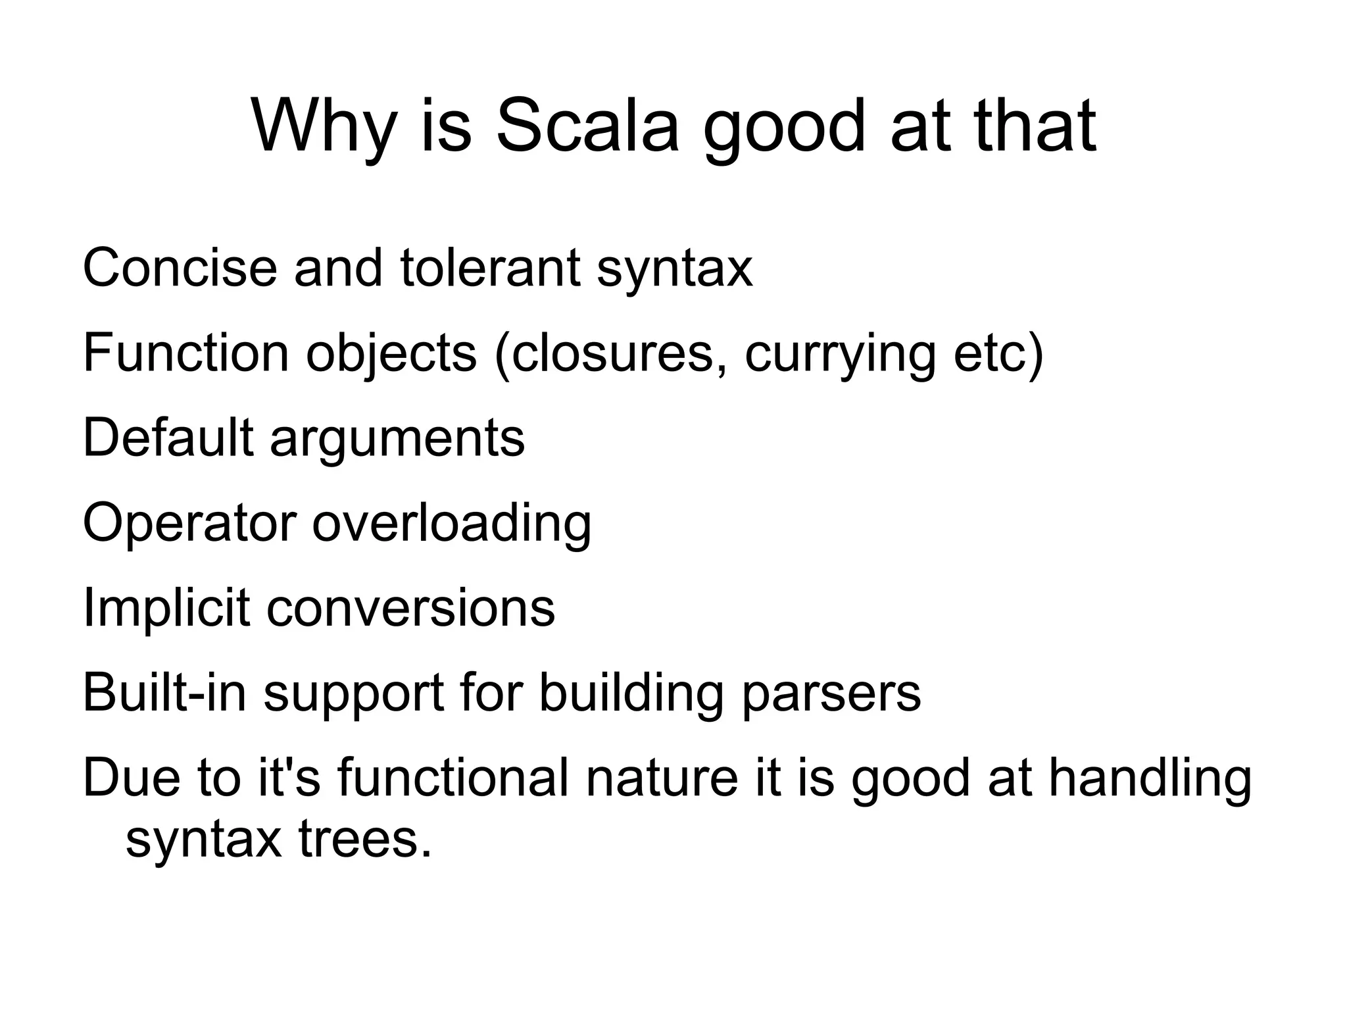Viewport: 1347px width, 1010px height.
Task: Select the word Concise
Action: point(180,268)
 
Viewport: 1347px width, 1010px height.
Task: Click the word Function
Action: point(186,353)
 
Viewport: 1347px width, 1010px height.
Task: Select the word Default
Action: point(168,438)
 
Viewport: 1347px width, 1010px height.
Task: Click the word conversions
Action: point(410,609)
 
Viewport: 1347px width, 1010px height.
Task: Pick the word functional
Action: point(453,778)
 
